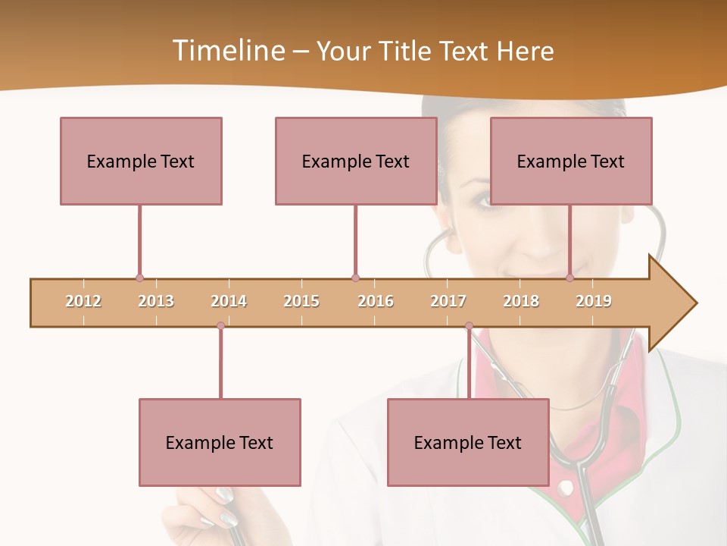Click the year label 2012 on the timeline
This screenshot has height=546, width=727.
pos(83,301)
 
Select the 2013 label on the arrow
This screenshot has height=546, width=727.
pos(156,301)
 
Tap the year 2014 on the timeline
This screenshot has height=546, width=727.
pos(229,301)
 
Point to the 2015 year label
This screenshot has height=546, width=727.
pos(301,301)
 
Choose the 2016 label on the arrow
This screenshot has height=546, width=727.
pos(376,301)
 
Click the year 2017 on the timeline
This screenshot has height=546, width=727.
pos(448,301)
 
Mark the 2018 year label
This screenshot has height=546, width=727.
pos(521,301)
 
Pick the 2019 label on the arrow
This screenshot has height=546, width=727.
pos(594,301)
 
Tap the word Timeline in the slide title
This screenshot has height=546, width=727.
pos(226,51)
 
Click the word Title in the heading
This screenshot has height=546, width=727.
pos(407,51)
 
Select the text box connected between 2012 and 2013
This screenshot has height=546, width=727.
pos(141,161)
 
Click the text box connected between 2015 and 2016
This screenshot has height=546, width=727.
pos(356,161)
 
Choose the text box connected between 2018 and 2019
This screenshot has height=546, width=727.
pos(571,161)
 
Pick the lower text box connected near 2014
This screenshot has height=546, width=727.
pos(220,442)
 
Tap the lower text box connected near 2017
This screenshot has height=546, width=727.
pos(468,442)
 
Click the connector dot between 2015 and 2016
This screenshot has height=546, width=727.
pos(356,278)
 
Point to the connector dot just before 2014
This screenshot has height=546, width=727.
pos(220,325)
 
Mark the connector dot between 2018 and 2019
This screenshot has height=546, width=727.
pos(570,278)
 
